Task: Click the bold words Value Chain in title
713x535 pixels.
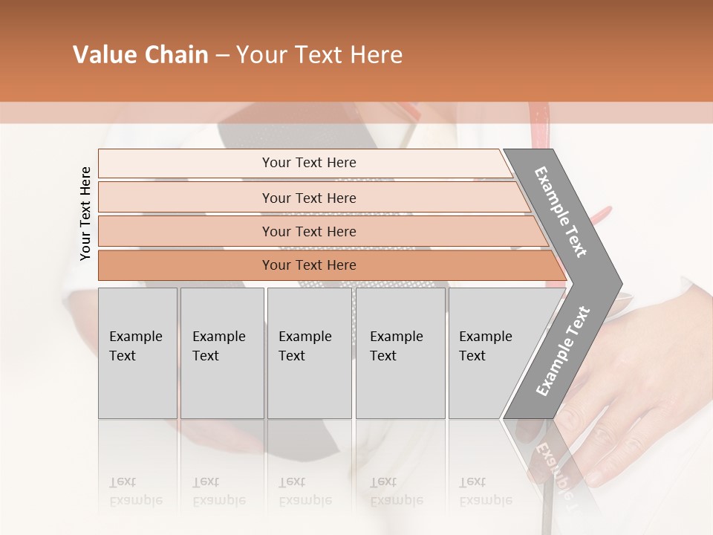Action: click(140, 55)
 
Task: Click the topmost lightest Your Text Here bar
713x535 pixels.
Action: click(309, 163)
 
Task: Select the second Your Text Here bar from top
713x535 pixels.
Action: click(309, 198)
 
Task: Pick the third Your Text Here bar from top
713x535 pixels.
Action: click(309, 231)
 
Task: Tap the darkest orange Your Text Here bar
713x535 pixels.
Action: click(309, 265)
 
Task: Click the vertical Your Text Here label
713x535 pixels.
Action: click(85, 213)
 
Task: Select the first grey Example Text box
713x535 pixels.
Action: click(137, 353)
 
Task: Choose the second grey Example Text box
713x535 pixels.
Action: click(221, 353)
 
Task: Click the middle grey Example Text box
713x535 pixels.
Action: click(309, 353)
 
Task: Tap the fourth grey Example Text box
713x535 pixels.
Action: click(400, 353)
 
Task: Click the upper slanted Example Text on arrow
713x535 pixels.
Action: click(561, 212)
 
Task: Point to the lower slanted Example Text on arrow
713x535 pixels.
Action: click(562, 351)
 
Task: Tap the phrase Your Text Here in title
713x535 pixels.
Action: click(319, 55)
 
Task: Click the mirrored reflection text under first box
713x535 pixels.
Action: click(135, 491)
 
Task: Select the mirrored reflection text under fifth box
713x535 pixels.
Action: click(485, 491)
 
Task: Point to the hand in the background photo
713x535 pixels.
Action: click(631, 386)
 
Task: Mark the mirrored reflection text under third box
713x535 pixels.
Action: click(305, 491)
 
